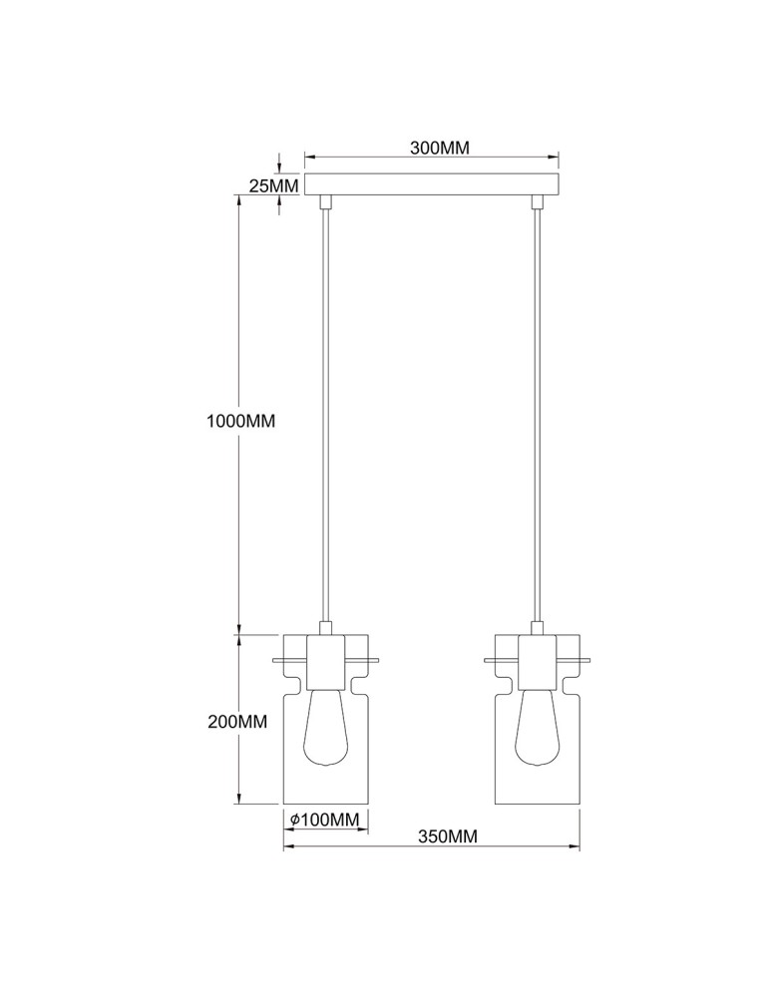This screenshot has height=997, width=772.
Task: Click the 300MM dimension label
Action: pyautogui.click(x=439, y=149)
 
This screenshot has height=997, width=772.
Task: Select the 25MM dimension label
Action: pyautogui.click(x=272, y=184)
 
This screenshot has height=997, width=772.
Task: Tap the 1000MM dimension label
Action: pyautogui.click(x=239, y=421)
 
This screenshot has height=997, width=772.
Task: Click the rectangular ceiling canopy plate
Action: pyautogui.click(x=432, y=184)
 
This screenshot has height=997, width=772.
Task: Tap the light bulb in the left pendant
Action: pyautogui.click(x=326, y=733)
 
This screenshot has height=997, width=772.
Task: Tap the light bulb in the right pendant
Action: pyautogui.click(x=538, y=733)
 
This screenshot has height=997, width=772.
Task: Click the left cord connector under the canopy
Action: pyautogui.click(x=326, y=202)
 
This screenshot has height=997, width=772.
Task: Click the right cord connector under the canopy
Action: pyautogui.click(x=538, y=202)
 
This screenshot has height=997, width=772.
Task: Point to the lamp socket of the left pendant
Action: pyautogui.click(x=326, y=662)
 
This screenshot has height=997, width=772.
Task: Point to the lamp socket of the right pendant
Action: pyautogui.click(x=538, y=662)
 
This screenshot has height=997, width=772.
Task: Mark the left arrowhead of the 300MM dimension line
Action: pyautogui.click(x=309, y=157)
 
